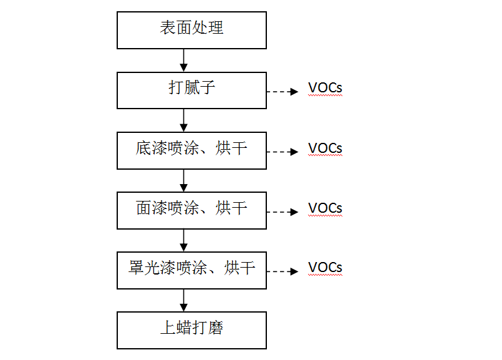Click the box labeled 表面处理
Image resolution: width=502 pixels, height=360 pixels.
tap(191, 29)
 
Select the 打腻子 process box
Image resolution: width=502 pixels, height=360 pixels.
tap(191, 89)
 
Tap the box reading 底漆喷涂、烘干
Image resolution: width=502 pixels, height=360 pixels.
tap(191, 150)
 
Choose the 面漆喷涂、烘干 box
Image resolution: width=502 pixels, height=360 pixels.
tap(191, 210)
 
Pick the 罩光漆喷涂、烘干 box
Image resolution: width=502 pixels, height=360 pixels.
tap(191, 270)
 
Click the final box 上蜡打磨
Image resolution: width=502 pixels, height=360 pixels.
tap(191, 329)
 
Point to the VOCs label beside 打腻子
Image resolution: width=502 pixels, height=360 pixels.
tap(325, 88)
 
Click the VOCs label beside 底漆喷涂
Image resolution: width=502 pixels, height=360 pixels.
tap(325, 148)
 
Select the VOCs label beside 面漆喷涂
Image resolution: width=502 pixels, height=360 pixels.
tap(325, 208)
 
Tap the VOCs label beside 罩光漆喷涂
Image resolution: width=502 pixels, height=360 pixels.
tap(325, 268)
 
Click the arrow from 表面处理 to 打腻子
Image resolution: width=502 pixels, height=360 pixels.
tap(183, 60)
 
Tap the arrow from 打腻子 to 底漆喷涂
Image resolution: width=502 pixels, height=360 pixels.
tap(183, 120)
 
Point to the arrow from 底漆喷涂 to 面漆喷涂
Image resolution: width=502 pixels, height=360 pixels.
tap(183, 180)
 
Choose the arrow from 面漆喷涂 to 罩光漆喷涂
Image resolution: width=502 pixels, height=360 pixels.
tap(183, 240)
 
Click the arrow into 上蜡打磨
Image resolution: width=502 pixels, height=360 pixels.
tap(183, 300)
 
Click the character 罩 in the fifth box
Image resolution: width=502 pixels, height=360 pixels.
tap(137, 269)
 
